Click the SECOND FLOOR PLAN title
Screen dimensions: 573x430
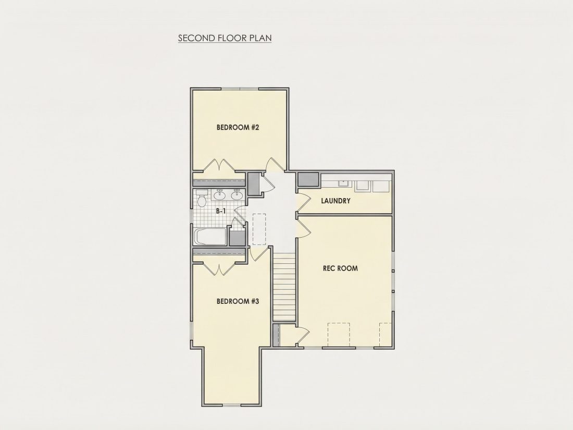click(225, 38)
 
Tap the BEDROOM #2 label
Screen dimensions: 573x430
click(238, 128)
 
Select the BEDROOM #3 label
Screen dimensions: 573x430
click(238, 302)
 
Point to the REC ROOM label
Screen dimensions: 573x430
click(340, 268)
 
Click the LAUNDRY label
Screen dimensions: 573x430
click(336, 201)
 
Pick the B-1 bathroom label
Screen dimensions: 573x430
click(221, 211)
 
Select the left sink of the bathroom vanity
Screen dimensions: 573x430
click(220, 195)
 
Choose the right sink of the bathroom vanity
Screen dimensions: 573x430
click(237, 195)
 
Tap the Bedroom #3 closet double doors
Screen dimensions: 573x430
click(219, 269)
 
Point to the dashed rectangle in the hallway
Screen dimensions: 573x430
click(259, 229)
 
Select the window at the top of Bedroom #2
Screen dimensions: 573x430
click(240, 89)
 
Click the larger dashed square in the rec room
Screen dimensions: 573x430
click(339, 334)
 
